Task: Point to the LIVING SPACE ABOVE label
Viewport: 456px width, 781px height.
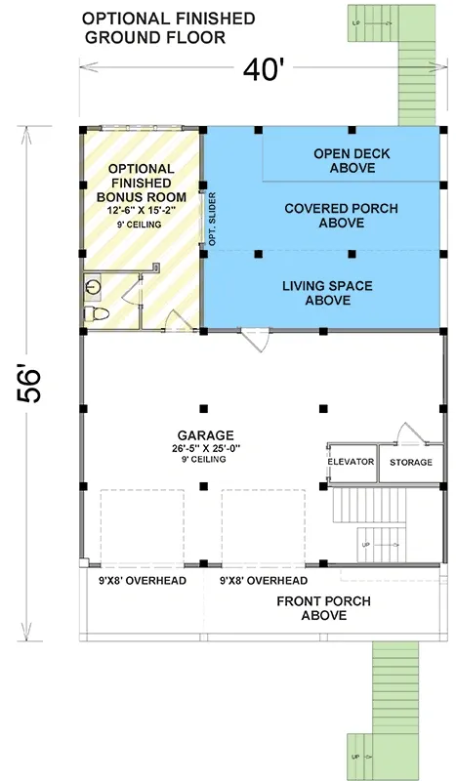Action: pos(327,293)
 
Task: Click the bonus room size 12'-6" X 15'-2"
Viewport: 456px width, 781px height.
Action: pos(142,208)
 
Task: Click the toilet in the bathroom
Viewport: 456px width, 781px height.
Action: pos(95,313)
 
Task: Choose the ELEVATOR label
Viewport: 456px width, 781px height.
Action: pos(351,461)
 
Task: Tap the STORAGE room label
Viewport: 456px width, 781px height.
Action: pos(405,461)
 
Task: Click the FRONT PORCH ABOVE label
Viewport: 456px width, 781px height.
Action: pos(323,607)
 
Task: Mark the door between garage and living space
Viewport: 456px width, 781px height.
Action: pos(256,338)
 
